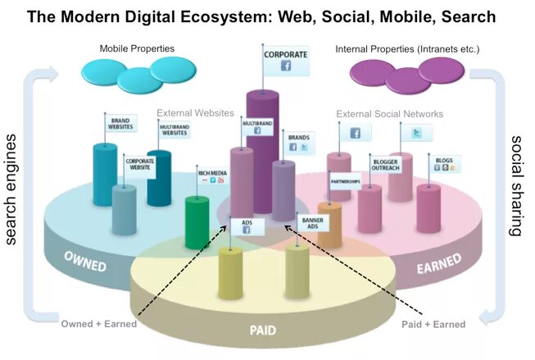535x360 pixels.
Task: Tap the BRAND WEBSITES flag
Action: point(121,124)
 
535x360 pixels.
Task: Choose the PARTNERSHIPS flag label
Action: point(345,180)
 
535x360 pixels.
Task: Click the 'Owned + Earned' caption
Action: point(99,325)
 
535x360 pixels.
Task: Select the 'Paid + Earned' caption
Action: point(434,325)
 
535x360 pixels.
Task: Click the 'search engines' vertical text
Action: point(14,190)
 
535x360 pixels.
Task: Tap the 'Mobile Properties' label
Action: point(136,49)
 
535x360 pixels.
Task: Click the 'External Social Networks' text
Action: point(390,114)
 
